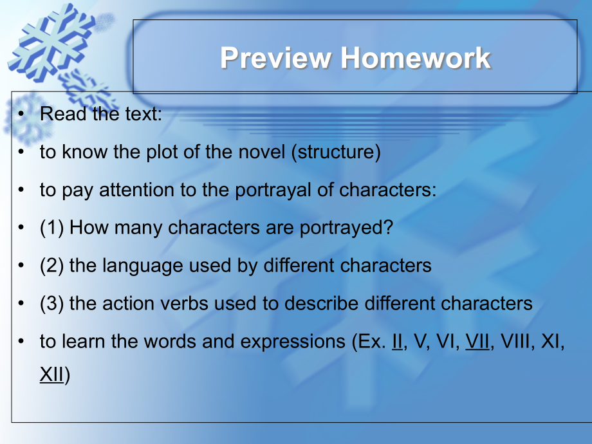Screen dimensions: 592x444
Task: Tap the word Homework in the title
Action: [x=415, y=58]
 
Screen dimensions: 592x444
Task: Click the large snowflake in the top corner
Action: [x=52, y=42]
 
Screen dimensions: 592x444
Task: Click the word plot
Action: [x=162, y=152]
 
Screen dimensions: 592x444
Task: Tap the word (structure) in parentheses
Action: [x=336, y=152]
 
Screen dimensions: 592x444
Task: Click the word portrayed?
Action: [x=346, y=228]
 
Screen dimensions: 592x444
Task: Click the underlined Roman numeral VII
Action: [x=477, y=341]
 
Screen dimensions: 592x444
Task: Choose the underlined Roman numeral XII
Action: [x=51, y=375]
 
